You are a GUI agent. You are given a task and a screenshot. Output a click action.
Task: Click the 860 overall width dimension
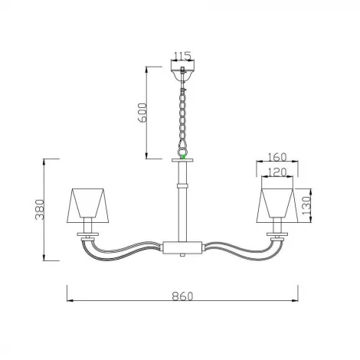click(182, 296)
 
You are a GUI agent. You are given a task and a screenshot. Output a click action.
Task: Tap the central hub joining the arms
click(182, 247)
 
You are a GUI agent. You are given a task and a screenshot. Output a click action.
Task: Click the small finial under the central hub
click(182, 258)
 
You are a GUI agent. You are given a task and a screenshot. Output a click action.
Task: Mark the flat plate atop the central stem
click(182, 160)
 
